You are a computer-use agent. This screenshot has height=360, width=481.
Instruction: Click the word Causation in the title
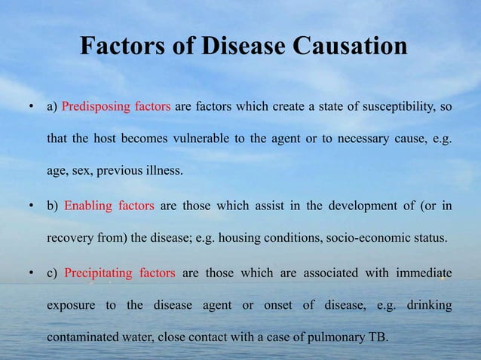tap(348, 47)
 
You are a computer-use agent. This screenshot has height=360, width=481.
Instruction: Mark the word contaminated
tap(84, 337)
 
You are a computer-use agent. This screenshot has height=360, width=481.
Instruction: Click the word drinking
tap(429, 305)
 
